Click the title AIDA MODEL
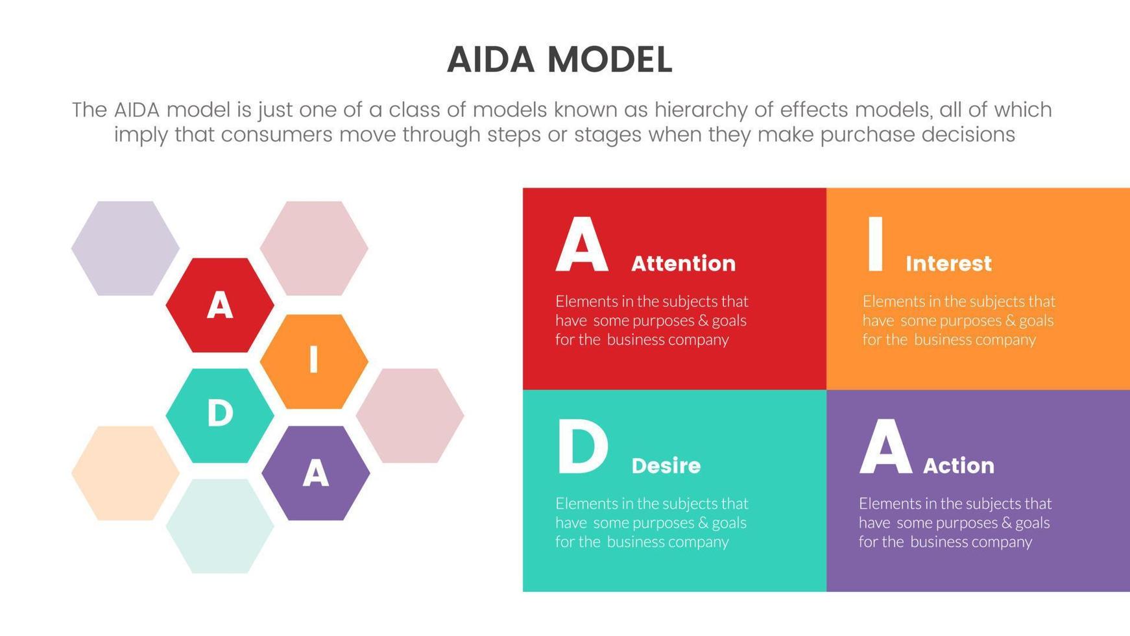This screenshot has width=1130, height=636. (x=559, y=60)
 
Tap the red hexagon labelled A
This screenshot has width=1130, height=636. (x=220, y=305)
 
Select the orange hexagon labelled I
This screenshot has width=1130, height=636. (x=314, y=361)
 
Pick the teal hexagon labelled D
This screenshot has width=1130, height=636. (x=220, y=415)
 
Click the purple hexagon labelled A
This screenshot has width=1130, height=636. (x=316, y=473)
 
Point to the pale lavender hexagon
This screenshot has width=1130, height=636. (x=125, y=248)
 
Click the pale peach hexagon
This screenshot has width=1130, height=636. (x=125, y=473)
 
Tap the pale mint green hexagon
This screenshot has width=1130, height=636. (x=220, y=526)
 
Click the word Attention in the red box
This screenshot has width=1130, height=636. (x=683, y=263)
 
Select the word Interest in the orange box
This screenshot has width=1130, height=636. (x=948, y=263)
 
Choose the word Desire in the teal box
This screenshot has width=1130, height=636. (x=666, y=465)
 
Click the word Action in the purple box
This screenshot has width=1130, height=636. (x=958, y=465)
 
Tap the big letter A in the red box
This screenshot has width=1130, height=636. (x=582, y=245)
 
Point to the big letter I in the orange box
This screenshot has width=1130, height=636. (x=875, y=245)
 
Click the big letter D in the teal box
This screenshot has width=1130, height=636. (x=582, y=447)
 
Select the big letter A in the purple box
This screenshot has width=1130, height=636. (x=885, y=447)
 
